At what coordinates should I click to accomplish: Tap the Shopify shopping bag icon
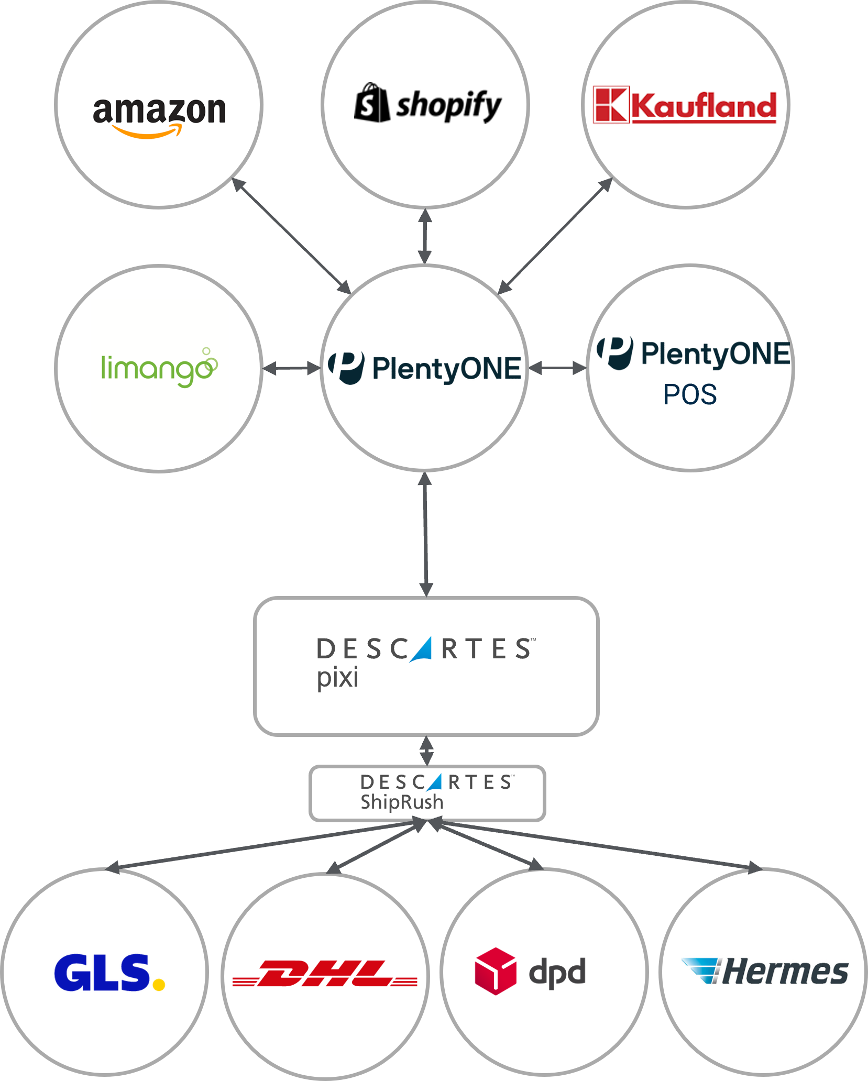372,103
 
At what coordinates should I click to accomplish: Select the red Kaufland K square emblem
611,105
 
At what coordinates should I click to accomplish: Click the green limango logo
159,368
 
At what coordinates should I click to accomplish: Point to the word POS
690,394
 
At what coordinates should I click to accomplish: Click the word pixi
337,678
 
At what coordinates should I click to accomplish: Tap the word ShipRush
402,802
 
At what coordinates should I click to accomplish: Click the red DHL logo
325,973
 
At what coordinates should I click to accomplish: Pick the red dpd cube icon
495,971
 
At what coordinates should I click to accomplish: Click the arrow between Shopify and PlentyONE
425,237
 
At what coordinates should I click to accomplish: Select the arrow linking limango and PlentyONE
291,369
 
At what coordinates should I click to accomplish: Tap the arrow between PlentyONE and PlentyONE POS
557,369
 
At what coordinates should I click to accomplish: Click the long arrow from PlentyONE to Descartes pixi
425,534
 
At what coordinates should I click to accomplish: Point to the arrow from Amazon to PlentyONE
291,236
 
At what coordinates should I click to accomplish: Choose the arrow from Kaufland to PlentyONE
555,236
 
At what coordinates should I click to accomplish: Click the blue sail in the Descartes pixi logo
422,649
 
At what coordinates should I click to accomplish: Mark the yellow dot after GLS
159,985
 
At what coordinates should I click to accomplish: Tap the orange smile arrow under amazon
148,132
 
